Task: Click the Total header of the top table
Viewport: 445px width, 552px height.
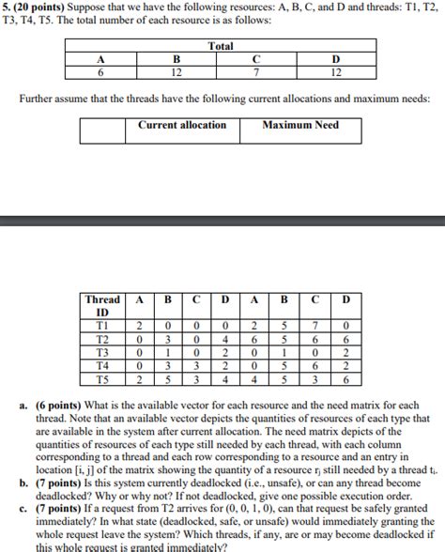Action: [x=221, y=45]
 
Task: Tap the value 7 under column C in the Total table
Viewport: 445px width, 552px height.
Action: [x=256, y=72]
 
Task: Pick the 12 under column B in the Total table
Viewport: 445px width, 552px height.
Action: [x=176, y=72]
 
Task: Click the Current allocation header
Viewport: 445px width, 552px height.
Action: [x=182, y=126]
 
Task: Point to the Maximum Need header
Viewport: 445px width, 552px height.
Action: [x=300, y=126]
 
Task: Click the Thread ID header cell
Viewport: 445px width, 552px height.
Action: [x=102, y=306]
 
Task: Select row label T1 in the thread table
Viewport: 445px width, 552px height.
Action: [x=102, y=326]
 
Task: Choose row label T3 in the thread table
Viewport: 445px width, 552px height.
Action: [x=102, y=353]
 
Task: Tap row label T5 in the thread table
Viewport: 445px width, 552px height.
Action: [x=102, y=380]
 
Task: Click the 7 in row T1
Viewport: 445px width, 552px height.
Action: [x=315, y=326]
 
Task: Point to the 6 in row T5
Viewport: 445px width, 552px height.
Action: [x=345, y=380]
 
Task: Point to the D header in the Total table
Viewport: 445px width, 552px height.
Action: [x=336, y=59]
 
